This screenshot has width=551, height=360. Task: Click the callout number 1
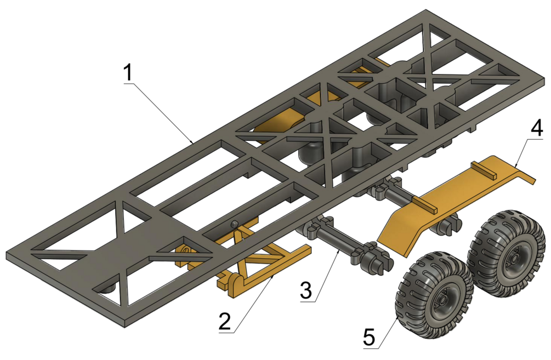click(x=129, y=73)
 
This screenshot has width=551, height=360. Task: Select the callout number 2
click(x=225, y=320)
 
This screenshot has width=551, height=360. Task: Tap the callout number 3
click(x=306, y=290)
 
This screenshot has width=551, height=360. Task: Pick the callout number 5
click(x=370, y=336)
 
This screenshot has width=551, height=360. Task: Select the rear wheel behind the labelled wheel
click(x=507, y=254)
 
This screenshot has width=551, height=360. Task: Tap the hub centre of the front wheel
click(x=444, y=300)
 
